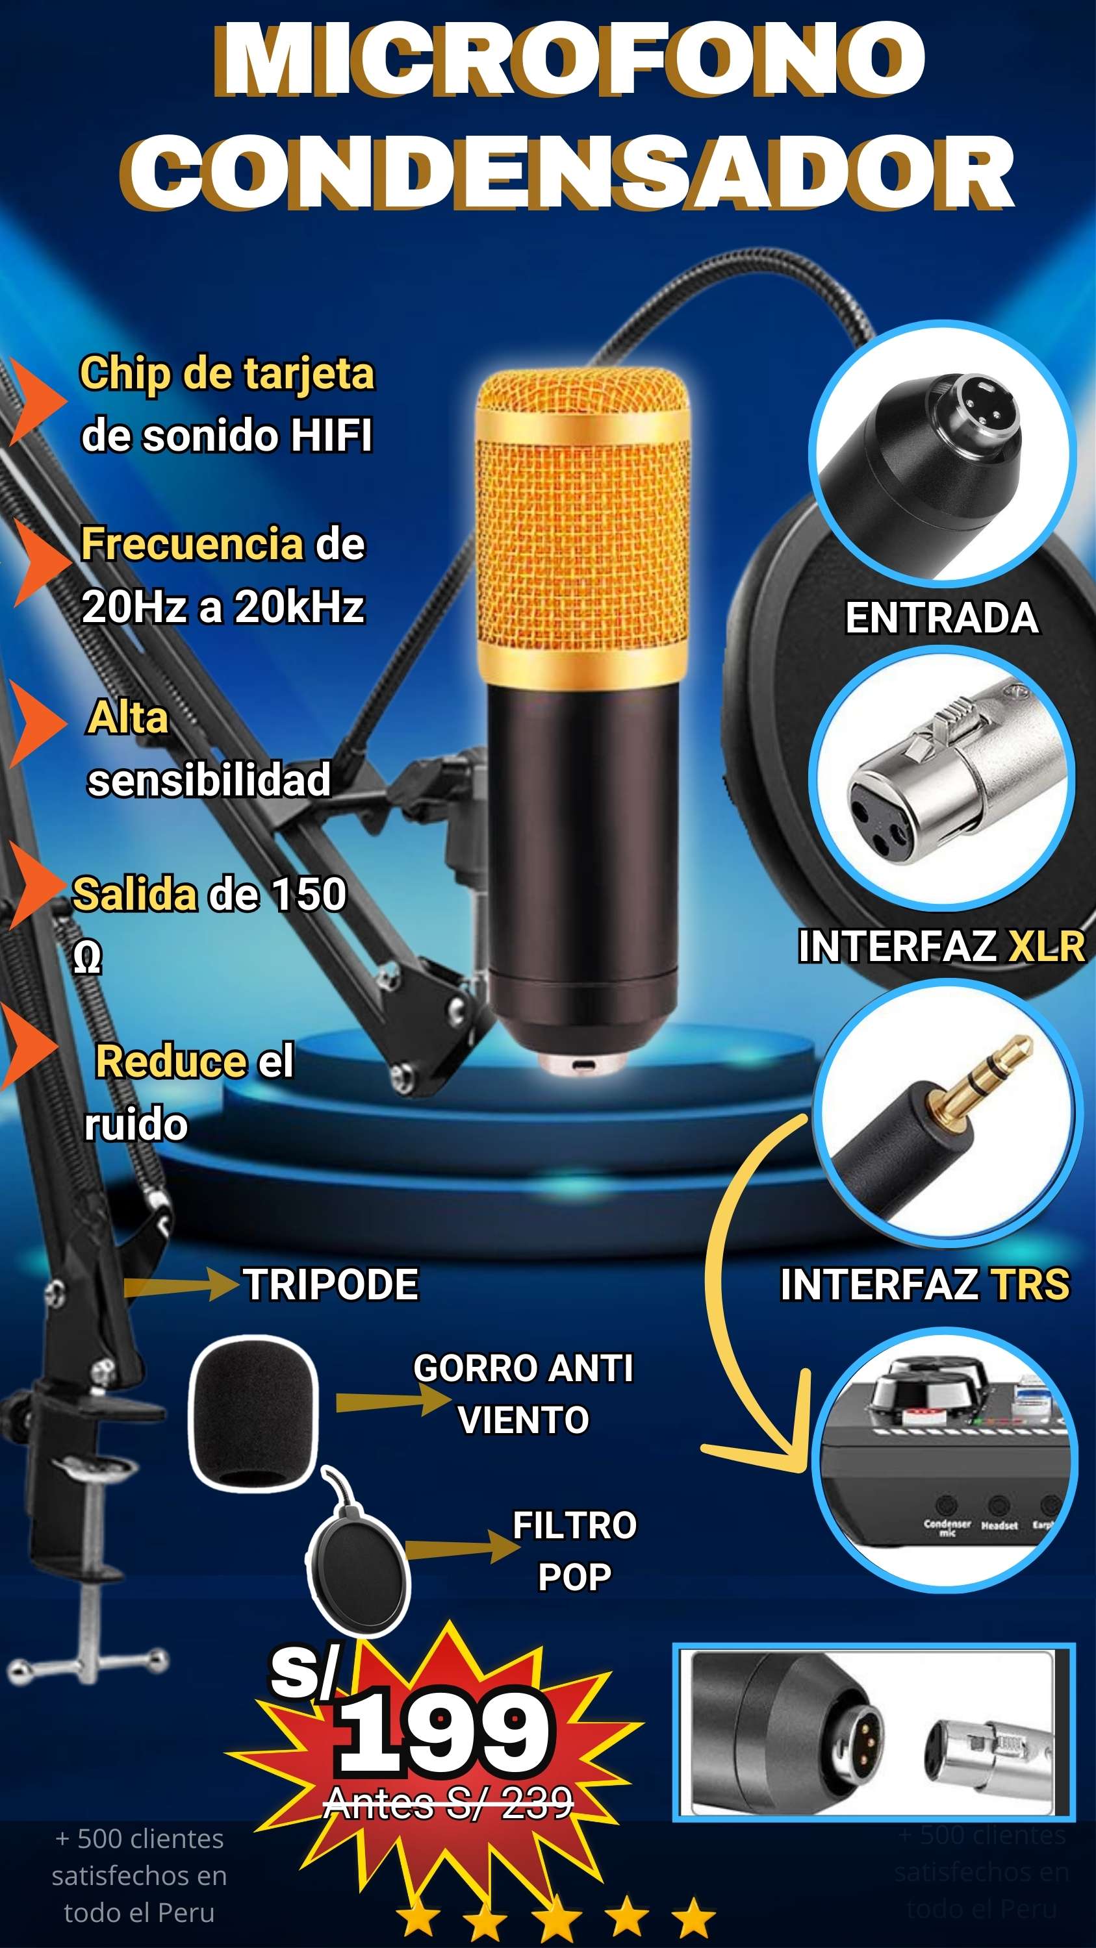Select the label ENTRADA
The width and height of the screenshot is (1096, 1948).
click(x=941, y=618)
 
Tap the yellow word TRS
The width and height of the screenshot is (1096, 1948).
click(x=1030, y=1284)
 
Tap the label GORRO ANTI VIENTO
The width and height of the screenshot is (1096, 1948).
click(x=524, y=1393)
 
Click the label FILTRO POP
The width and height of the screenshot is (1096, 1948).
click(x=574, y=1550)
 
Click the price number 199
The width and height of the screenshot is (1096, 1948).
click(x=445, y=1732)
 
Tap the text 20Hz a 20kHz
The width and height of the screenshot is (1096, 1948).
click(x=223, y=606)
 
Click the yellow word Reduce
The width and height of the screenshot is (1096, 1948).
click(x=170, y=1061)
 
